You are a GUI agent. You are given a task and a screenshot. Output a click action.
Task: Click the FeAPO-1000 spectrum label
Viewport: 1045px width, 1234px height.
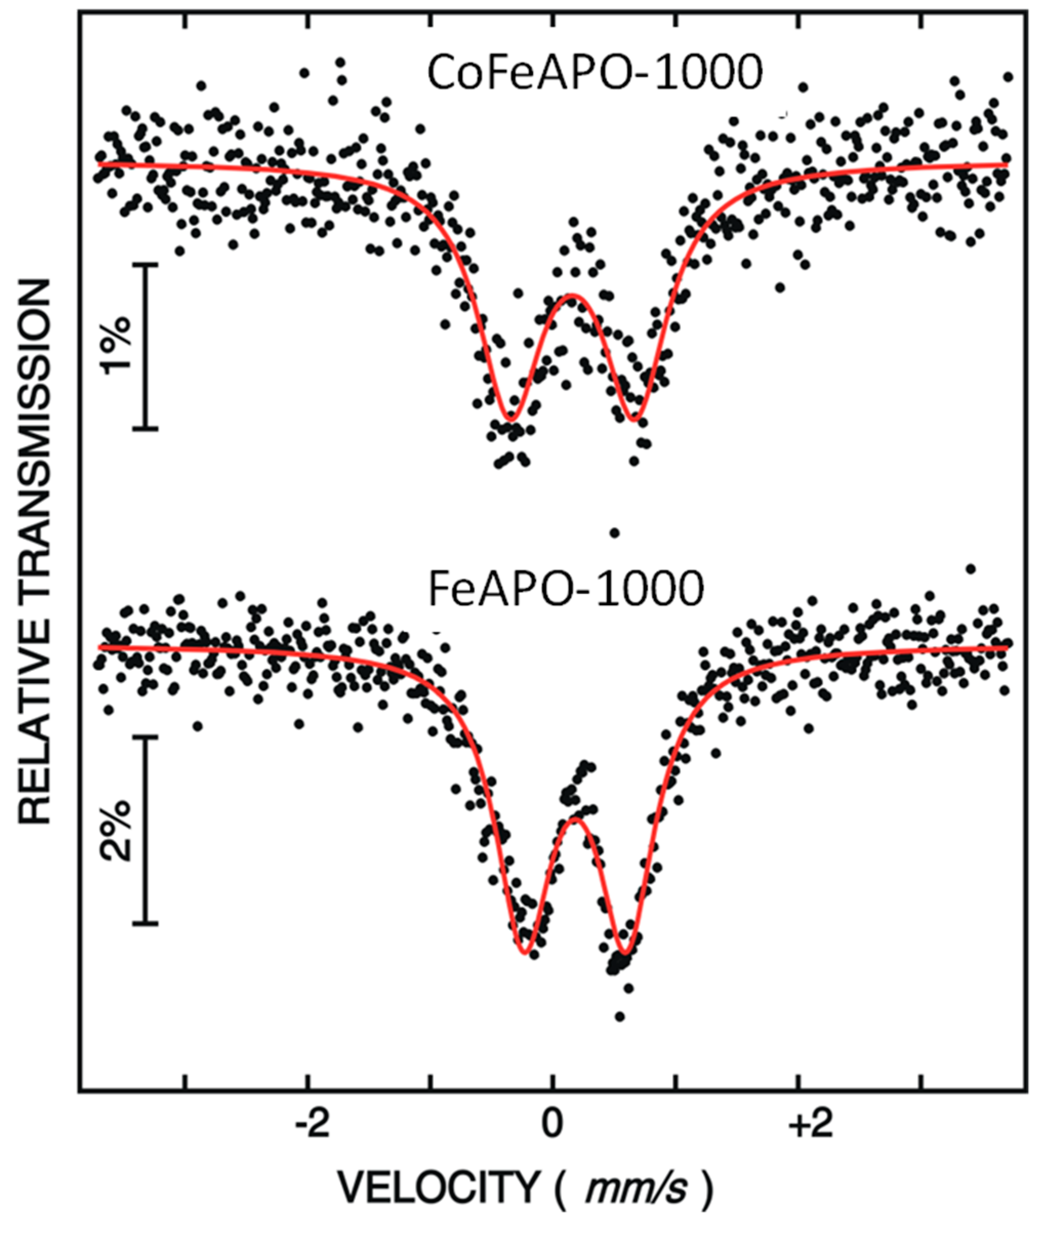(x=566, y=591)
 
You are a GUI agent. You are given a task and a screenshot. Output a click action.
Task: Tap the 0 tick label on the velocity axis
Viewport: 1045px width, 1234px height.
(x=552, y=1126)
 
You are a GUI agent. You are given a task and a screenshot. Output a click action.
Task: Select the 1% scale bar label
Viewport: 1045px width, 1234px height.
(x=116, y=347)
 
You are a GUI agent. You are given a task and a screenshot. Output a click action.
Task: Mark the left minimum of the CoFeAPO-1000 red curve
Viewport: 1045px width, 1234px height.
(x=510, y=420)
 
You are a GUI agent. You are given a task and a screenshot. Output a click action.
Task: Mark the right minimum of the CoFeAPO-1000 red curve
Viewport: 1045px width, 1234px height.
(x=635, y=420)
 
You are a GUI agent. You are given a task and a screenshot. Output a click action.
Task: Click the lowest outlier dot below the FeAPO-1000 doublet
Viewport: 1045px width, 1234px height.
(x=620, y=1017)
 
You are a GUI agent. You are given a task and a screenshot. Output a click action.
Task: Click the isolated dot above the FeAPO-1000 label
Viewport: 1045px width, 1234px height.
(x=614, y=533)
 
